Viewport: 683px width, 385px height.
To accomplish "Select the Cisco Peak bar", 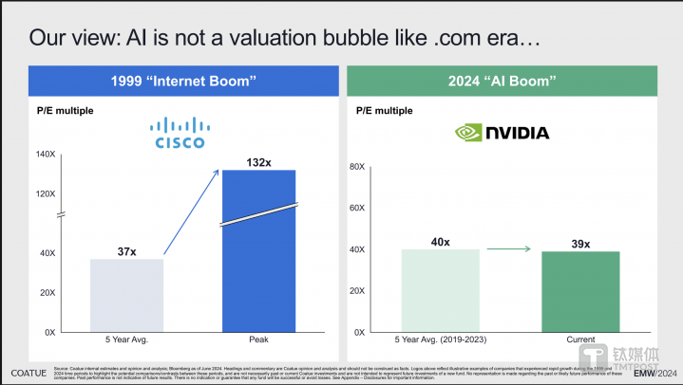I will (x=259, y=251).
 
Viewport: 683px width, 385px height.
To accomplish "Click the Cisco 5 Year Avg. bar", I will (x=126, y=295).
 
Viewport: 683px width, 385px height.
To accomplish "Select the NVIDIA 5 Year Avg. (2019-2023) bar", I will (x=440, y=290).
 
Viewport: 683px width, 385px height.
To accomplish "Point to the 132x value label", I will (x=259, y=162).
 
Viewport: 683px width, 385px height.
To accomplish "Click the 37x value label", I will (x=126, y=251).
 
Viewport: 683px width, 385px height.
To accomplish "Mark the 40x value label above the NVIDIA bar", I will (x=440, y=242).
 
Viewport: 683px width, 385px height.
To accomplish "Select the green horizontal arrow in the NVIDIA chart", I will (x=507, y=250).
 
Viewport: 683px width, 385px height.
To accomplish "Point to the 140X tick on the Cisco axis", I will (x=46, y=154).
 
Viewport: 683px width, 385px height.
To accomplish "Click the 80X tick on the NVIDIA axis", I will (x=358, y=167).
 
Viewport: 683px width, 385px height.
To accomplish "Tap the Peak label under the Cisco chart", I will (x=259, y=339).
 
